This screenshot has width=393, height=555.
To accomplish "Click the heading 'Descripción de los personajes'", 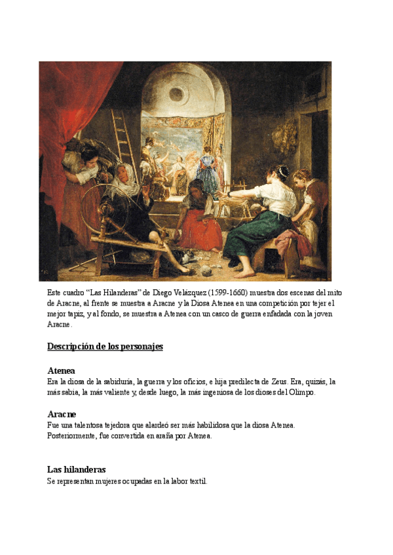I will click(x=105, y=346).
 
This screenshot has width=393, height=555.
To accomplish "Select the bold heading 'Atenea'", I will click(x=61, y=370).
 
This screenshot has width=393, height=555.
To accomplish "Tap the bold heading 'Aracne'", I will click(x=62, y=414).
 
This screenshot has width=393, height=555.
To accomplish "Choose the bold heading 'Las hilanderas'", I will click(x=77, y=469).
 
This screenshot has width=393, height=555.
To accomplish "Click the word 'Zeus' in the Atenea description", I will click(x=279, y=381).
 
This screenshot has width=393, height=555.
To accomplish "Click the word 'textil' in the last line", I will click(x=197, y=481).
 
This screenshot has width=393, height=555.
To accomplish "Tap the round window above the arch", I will click(x=176, y=94).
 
